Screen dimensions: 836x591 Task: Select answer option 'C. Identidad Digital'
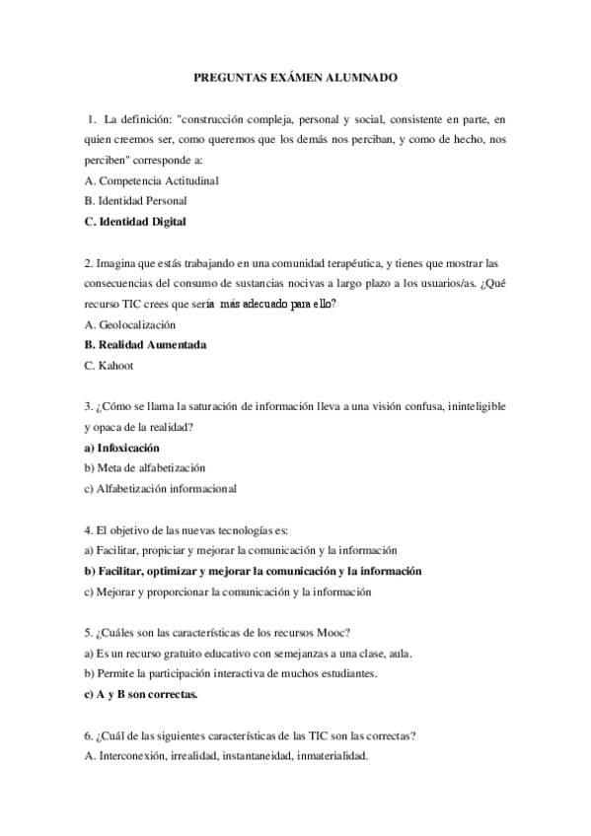point(135,222)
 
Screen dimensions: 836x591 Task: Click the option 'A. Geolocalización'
point(130,324)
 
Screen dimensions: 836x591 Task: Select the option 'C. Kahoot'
point(110,366)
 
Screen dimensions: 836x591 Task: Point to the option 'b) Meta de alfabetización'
point(145,467)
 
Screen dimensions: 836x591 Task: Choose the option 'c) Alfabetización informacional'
point(160,488)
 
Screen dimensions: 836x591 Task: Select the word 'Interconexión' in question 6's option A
point(136,756)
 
